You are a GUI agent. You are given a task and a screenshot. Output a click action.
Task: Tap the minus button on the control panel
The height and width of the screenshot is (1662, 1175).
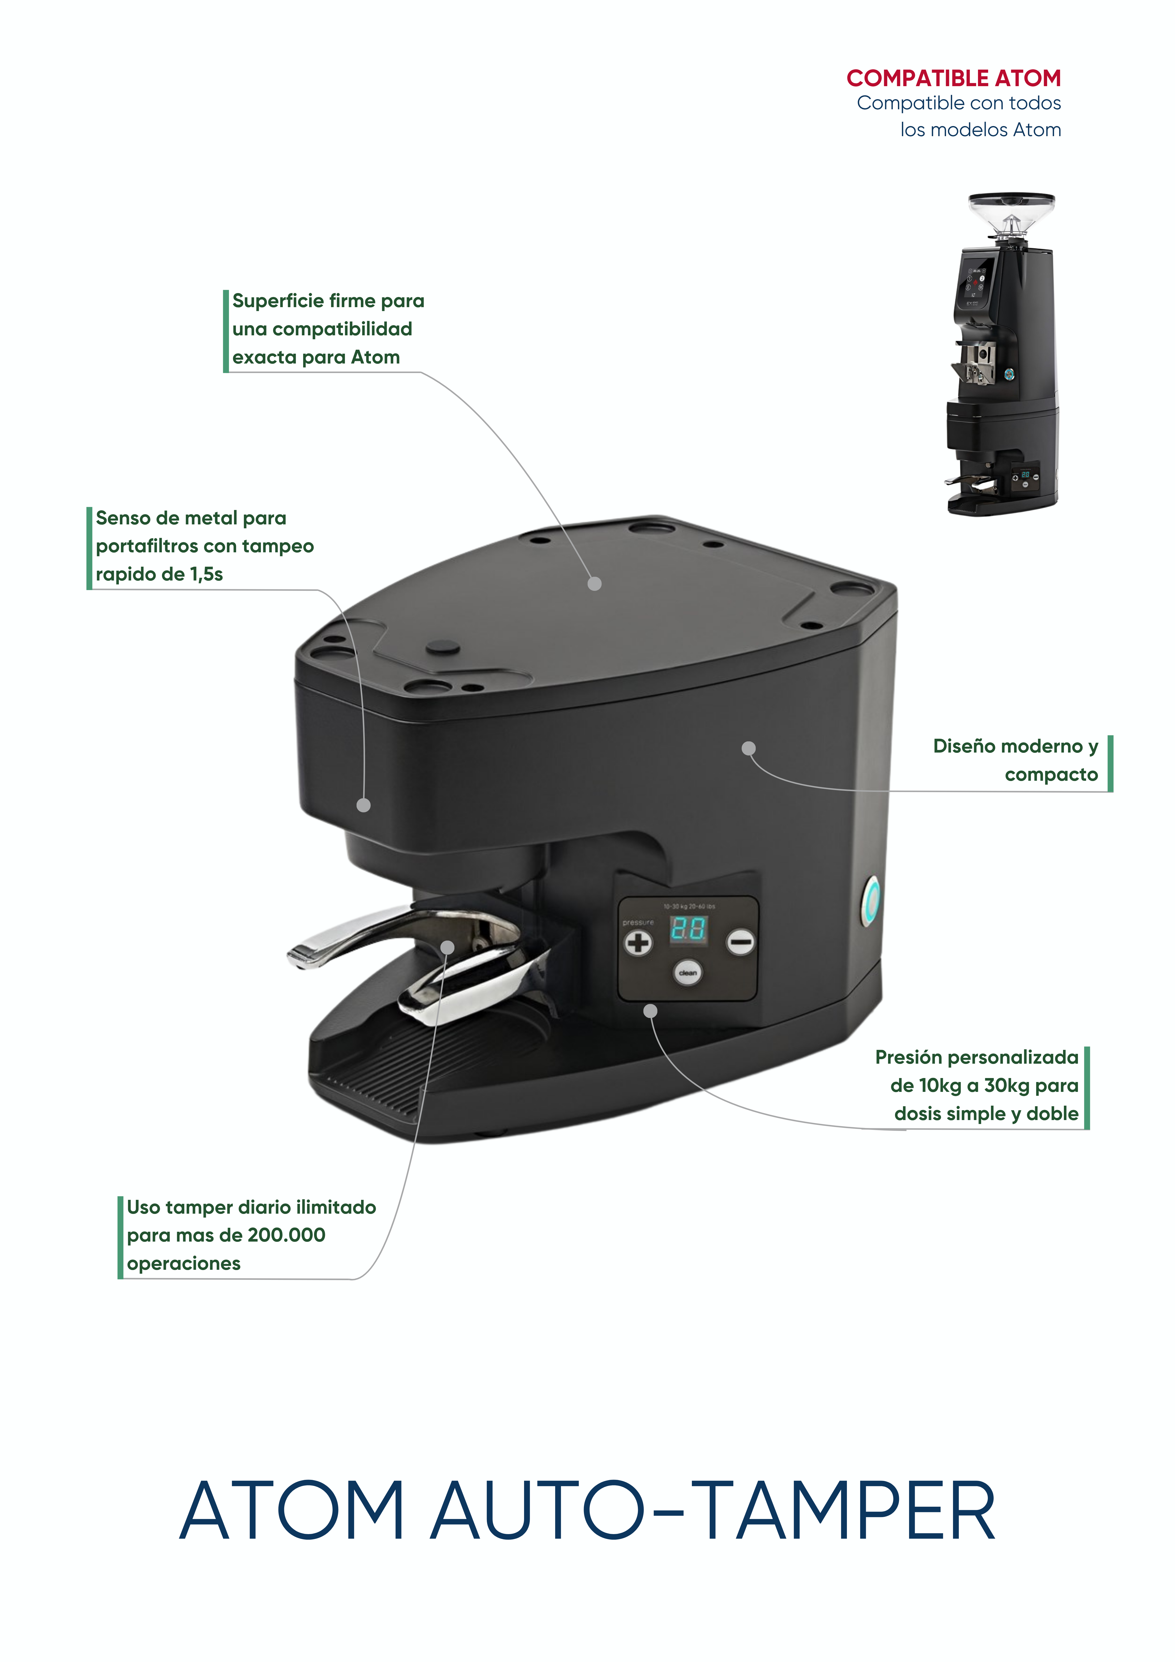coord(740,942)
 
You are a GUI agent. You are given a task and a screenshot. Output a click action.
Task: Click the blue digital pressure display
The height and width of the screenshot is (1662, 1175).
coord(688,929)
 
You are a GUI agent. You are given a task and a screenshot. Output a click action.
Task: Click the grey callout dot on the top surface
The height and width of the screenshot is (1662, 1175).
coord(594,583)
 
